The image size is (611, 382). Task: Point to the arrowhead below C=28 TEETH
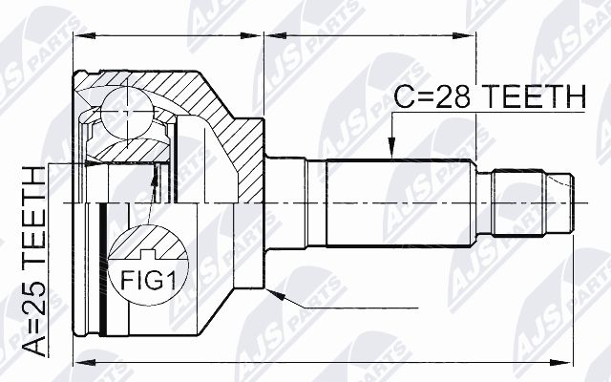tap(390, 149)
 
